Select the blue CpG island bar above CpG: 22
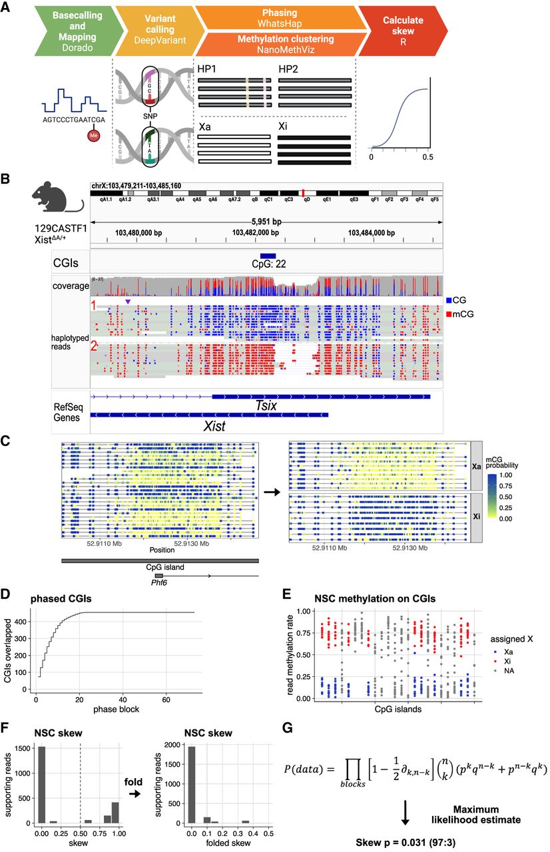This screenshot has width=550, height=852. (x=268, y=256)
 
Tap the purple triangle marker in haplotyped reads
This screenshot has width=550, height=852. (x=128, y=302)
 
